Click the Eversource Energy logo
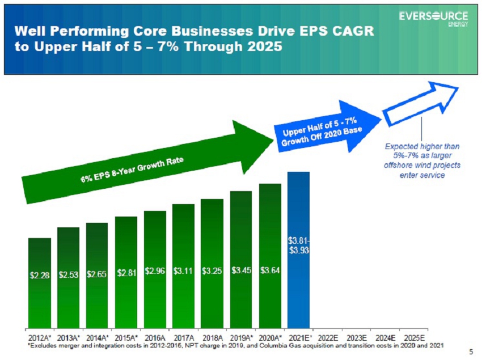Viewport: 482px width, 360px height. click(433, 19)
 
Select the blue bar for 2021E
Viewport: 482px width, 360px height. click(298, 250)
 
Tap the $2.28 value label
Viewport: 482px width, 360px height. click(40, 275)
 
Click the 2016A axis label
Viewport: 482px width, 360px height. click(155, 338)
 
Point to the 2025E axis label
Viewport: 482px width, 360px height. click(414, 338)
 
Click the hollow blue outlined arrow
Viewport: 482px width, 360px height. click(420, 103)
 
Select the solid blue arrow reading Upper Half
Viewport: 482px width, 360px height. click(327, 127)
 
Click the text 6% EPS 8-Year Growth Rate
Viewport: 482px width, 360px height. click(132, 170)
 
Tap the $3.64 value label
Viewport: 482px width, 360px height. click(270, 270)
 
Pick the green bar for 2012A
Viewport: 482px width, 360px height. click(40, 283)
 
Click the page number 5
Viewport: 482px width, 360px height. click(471, 351)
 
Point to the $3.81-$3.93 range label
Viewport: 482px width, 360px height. click(298, 245)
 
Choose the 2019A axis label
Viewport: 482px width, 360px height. click(242, 338)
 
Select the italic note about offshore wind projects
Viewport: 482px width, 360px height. click(422, 160)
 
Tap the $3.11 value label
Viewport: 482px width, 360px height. click(183, 271)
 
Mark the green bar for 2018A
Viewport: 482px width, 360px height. click(212, 264)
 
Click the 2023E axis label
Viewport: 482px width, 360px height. click(357, 338)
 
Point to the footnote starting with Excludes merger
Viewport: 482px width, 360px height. click(235, 346)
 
